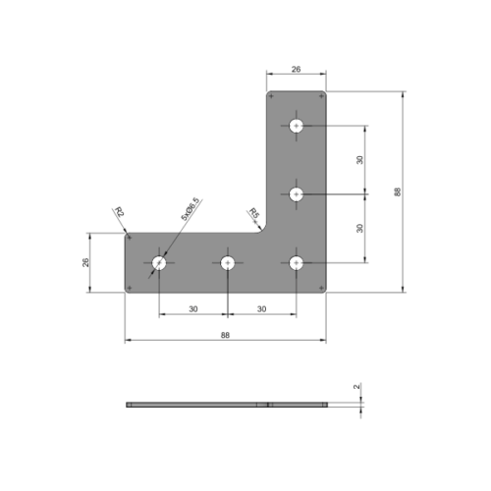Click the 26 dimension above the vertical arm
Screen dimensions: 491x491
296,70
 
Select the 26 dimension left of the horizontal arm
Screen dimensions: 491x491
85,262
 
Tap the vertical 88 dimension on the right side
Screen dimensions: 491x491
397,191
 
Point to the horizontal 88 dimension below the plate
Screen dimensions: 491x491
225,335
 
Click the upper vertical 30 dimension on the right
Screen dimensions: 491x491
360,159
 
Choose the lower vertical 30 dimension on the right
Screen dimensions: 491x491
360,228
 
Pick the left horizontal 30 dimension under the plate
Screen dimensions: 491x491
192,308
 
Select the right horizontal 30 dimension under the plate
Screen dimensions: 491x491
261,308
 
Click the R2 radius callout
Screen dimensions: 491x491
119,213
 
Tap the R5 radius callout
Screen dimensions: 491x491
252,213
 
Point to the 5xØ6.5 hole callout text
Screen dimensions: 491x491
190,208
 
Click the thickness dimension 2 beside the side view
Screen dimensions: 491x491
355,387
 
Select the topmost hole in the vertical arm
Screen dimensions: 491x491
296,126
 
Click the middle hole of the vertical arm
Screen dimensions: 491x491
296,194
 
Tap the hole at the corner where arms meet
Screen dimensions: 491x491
296,262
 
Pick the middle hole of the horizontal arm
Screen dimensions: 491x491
227,262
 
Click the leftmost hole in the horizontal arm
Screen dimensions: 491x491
159,262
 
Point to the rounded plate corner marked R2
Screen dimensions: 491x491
128,236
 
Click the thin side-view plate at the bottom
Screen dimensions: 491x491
225,405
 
